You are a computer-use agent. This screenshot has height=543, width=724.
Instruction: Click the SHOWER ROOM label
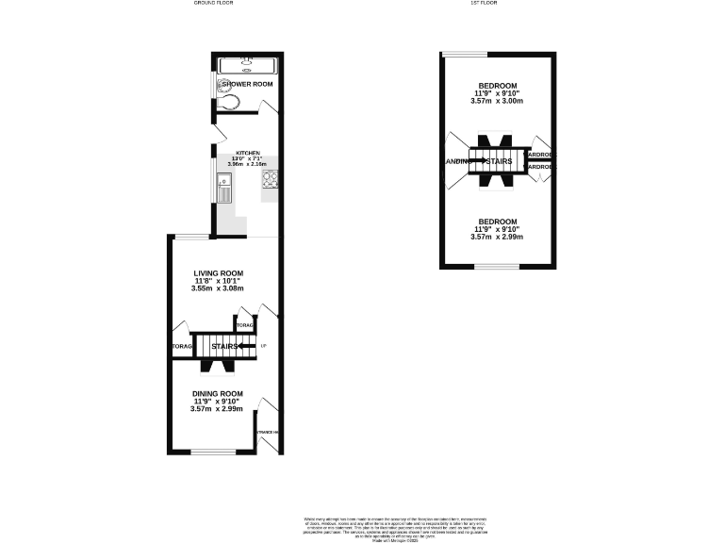[247, 85]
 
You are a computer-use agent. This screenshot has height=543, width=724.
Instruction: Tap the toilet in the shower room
[228, 102]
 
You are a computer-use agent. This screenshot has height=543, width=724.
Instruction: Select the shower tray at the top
[246, 65]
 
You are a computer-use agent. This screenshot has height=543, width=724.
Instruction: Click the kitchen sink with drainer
[224, 189]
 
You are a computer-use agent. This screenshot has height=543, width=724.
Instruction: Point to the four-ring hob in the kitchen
[270, 179]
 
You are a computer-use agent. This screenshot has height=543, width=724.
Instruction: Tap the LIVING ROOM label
[212, 273]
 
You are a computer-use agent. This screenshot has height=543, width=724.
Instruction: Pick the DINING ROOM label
[218, 394]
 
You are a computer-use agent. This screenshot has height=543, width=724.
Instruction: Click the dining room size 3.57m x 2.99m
[217, 409]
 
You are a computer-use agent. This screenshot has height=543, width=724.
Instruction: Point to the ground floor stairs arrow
[248, 347]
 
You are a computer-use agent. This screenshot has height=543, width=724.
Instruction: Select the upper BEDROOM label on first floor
[497, 86]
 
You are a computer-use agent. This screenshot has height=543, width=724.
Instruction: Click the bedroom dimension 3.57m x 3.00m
[497, 101]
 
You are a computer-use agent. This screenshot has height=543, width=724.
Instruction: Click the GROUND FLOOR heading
[215, 4]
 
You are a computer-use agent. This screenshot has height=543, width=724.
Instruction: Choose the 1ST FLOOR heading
[483, 4]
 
